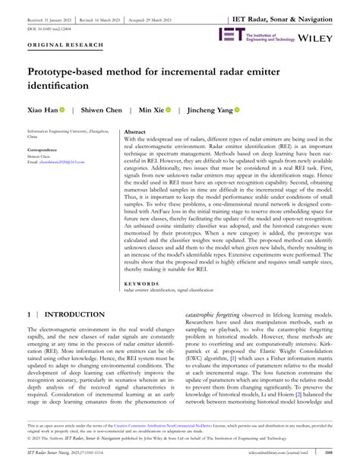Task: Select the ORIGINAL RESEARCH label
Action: (x=65, y=46)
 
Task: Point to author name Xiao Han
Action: (x=42, y=110)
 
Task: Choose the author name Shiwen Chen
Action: (x=101, y=110)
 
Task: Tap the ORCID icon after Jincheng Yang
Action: (x=236, y=110)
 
